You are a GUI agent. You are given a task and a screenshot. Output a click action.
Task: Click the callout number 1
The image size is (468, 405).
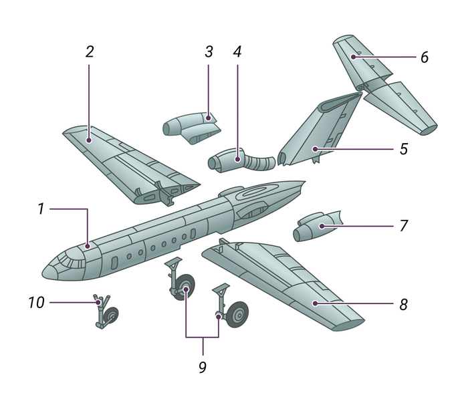tap(41, 209)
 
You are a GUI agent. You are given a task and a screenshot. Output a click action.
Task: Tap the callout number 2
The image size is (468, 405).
tap(90, 51)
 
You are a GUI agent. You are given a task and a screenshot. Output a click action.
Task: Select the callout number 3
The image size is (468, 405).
tap(209, 51)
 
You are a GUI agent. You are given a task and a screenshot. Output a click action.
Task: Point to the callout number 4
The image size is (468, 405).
tap(237, 51)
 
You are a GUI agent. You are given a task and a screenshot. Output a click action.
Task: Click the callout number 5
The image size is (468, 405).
tap(404, 148)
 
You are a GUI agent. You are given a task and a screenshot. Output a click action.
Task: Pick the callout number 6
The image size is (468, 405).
tap(425, 57)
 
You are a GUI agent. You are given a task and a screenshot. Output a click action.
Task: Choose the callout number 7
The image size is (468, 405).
tap(404, 226)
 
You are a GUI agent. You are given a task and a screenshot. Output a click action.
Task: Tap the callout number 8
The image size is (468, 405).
tap(404, 305)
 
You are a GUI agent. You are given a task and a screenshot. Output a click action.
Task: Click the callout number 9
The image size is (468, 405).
tap(203, 368)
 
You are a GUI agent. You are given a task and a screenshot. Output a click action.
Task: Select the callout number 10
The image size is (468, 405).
tap(36, 302)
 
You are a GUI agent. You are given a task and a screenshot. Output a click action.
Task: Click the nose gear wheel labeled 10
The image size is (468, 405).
tap(112, 315)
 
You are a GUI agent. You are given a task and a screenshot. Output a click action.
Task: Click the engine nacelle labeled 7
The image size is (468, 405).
tap(317, 227)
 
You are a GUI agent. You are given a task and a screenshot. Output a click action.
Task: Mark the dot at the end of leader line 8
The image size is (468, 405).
tap(315, 303)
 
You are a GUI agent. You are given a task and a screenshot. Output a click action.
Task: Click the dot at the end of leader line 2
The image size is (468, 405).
tap(89, 140)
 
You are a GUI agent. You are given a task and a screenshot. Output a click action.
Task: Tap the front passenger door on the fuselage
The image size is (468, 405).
tap(114, 263)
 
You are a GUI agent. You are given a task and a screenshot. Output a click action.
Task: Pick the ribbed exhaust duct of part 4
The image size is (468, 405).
tap(259, 162)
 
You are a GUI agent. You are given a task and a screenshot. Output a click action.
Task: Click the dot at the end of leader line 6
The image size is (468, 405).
tap(354, 57)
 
